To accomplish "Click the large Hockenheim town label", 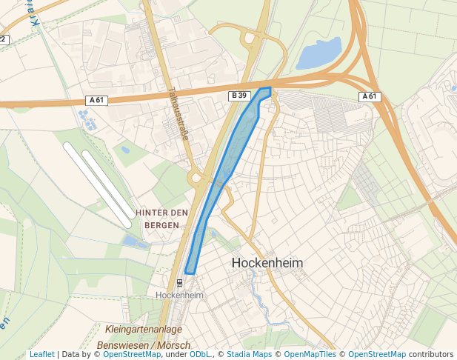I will [x=267, y=263].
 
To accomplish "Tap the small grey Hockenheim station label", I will [x=179, y=295].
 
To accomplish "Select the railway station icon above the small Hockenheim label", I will [x=179, y=282].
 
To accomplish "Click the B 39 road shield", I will [x=238, y=96].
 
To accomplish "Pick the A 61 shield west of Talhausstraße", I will [x=96, y=100].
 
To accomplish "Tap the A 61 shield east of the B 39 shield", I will [x=370, y=96].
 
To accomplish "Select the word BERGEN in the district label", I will [x=161, y=224].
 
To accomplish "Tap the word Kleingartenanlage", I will [x=144, y=329].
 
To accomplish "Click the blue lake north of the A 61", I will [x=319, y=54].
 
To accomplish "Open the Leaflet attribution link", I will [x=41, y=354].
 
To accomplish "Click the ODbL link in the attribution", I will [x=200, y=354].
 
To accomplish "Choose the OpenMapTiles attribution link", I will [x=310, y=354].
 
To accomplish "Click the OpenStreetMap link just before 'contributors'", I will [x=377, y=354].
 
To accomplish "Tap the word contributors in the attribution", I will [x=431, y=354].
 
